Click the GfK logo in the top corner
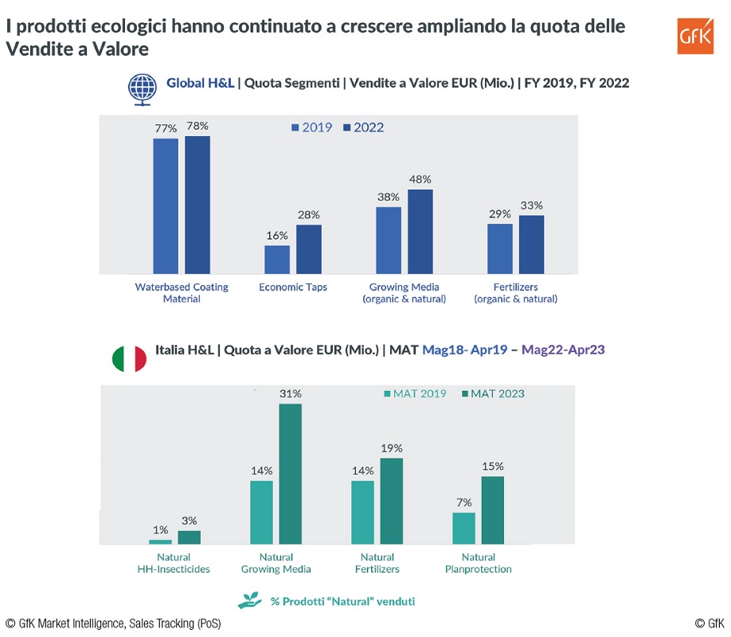pyautogui.click(x=695, y=36)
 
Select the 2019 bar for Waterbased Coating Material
pyautogui.click(x=166, y=206)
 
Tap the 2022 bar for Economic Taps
pyautogui.click(x=309, y=249)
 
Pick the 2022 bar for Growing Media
pyautogui.click(x=420, y=232)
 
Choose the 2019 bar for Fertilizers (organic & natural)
pyautogui.click(x=500, y=248)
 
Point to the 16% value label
pyautogui.click(x=277, y=236)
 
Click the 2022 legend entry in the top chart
pyautogui.click(x=363, y=127)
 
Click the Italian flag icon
pyautogui.click(x=129, y=358)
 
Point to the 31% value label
pyautogui.click(x=291, y=393)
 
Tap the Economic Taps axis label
pyautogui.click(x=293, y=287)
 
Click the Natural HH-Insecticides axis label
pyautogui.click(x=174, y=563)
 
